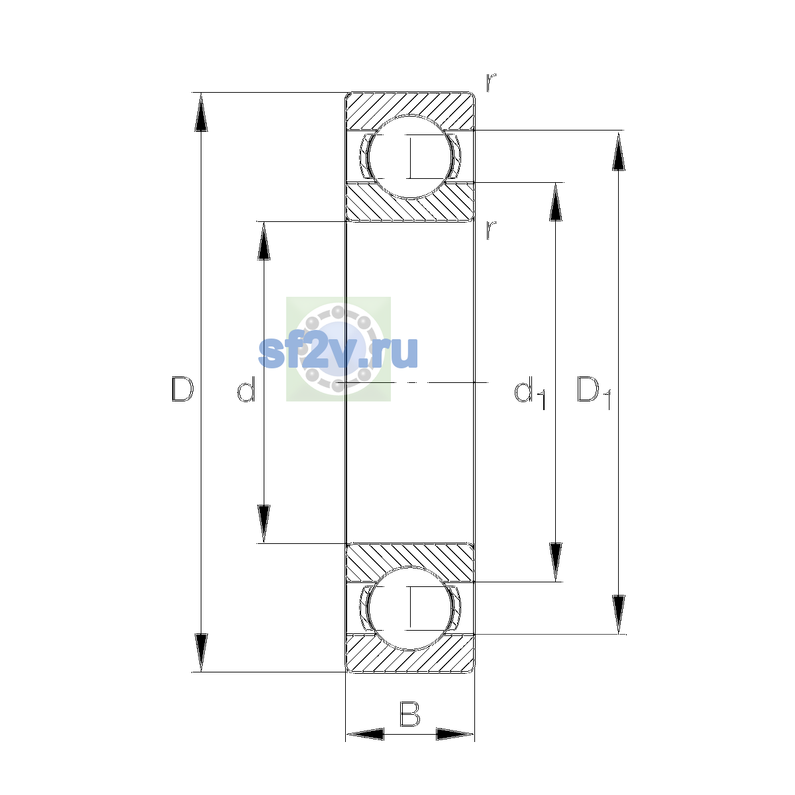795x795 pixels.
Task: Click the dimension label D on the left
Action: (x=182, y=389)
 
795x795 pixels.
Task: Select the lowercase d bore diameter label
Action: (x=246, y=389)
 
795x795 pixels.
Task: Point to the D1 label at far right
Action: (x=594, y=393)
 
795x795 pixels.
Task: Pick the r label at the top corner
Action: (x=490, y=82)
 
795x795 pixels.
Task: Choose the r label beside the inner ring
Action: (x=490, y=230)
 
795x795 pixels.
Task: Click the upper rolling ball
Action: (x=409, y=157)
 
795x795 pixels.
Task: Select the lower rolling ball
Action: (x=409, y=608)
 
